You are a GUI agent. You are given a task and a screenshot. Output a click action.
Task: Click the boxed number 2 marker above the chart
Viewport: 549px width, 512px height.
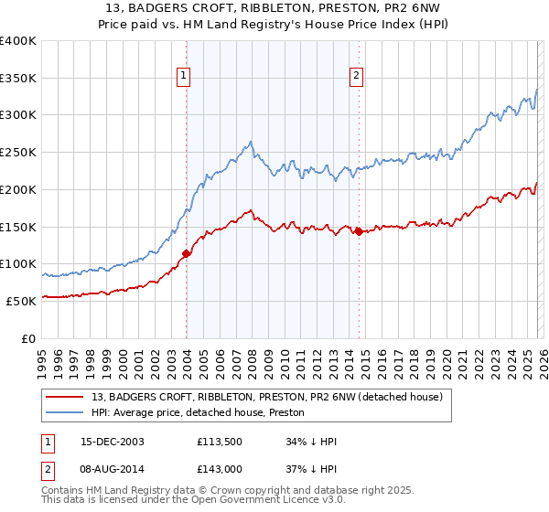[x=356, y=76]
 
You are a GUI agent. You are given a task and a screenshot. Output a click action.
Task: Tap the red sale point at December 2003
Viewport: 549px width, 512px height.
[x=187, y=253]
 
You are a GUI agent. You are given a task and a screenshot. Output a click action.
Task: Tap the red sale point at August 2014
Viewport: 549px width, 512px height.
[x=359, y=231]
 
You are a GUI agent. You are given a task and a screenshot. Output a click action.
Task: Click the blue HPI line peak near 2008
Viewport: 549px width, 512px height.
[x=250, y=142]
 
